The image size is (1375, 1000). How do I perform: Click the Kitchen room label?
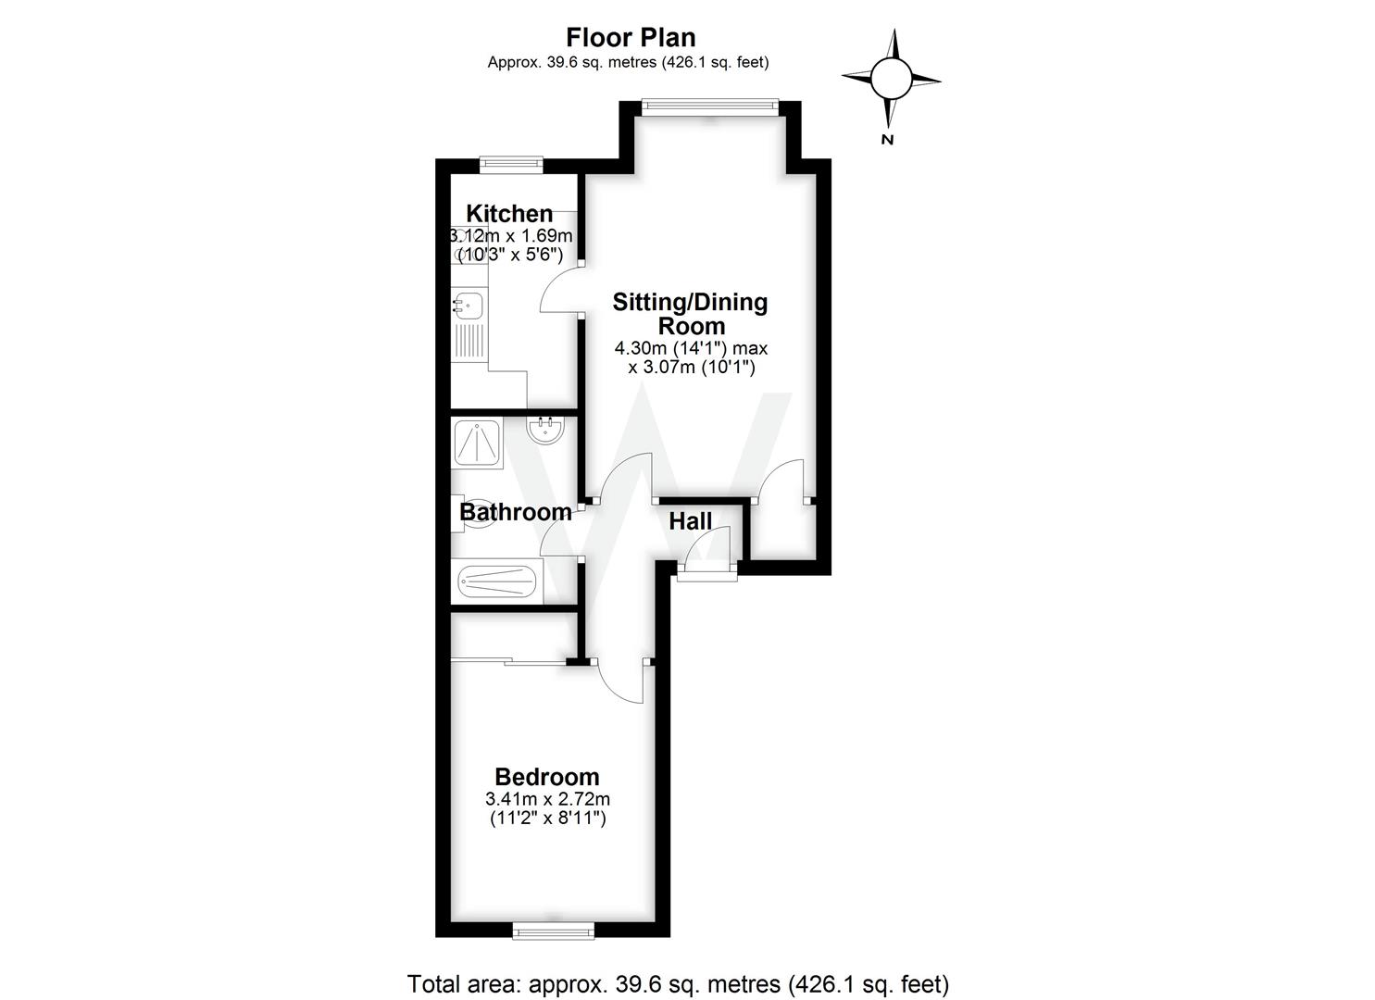point(509,214)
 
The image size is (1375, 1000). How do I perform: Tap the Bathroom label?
point(515,512)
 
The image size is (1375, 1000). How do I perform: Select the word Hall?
point(691,521)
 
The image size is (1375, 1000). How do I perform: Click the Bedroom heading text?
point(546,777)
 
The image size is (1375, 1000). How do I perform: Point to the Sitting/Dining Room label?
point(691,314)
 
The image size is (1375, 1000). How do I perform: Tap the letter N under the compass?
point(887,140)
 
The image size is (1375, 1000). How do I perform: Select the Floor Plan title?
point(631,38)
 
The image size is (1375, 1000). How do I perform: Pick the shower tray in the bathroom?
point(478,442)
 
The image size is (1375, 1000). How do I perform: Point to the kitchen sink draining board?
point(469,343)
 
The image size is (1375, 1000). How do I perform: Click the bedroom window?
point(555,930)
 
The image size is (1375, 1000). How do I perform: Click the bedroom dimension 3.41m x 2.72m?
point(547,799)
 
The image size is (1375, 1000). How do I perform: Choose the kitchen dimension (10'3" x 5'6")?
point(510,254)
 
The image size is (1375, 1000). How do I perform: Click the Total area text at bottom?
point(678,983)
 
